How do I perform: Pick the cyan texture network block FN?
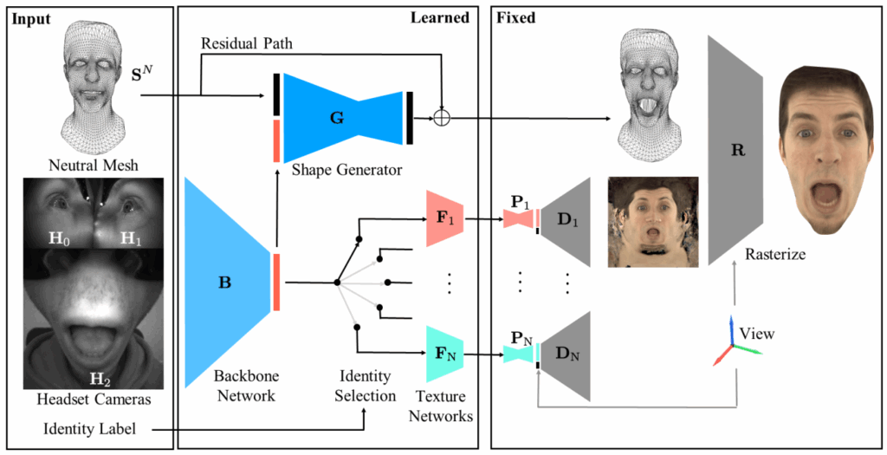(447, 353)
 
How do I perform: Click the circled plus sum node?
(443, 120)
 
